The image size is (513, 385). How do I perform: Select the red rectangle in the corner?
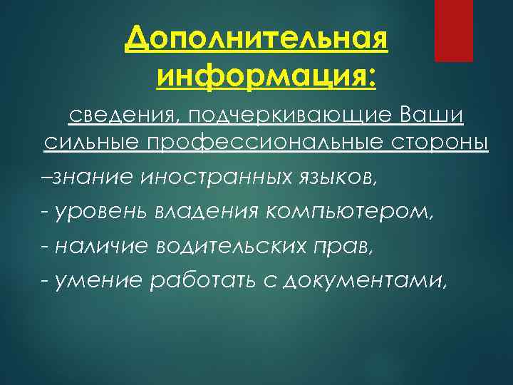pyautogui.click(x=454, y=31)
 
